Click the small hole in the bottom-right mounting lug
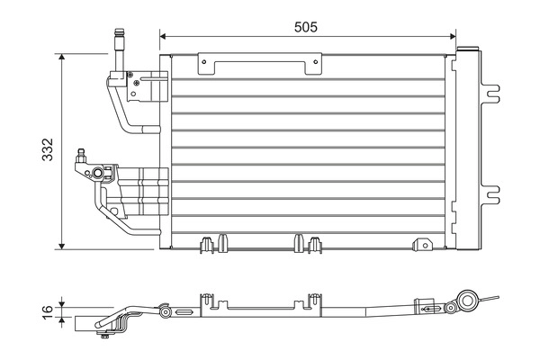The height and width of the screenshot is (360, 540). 422,241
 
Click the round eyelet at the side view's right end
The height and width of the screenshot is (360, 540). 467,301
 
